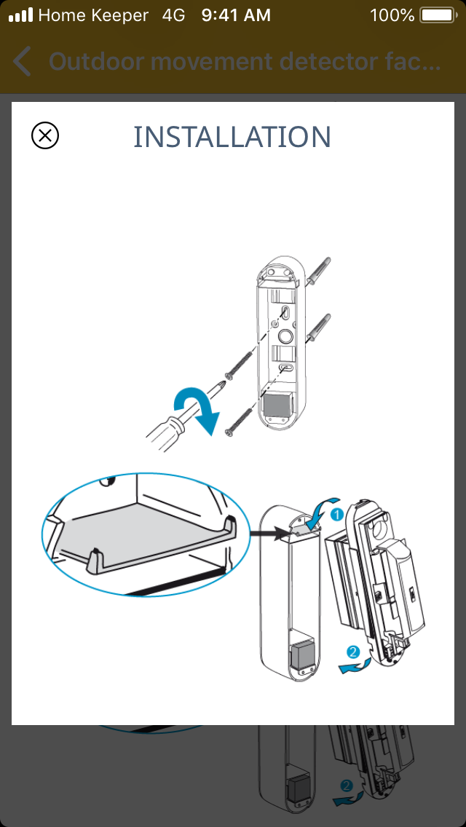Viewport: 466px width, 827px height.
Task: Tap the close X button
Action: pos(45,136)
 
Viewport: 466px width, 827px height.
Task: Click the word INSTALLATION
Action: pos(232,137)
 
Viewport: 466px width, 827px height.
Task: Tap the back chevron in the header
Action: pos(23,62)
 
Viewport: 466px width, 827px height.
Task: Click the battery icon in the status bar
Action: pos(436,15)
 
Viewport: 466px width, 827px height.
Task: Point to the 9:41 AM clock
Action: pos(236,15)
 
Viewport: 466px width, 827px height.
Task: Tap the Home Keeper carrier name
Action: pos(93,15)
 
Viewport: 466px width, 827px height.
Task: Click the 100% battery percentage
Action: pos(392,15)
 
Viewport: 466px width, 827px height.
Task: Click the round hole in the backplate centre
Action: pos(285,337)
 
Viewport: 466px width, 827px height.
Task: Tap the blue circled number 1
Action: pos(337,514)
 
